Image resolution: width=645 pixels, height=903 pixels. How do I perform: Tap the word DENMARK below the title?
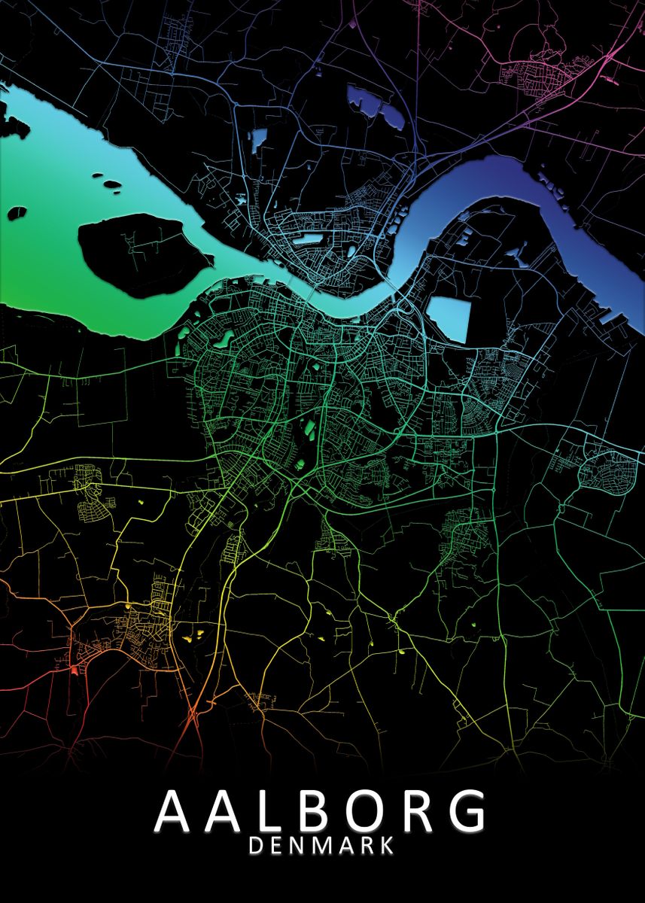click(x=321, y=846)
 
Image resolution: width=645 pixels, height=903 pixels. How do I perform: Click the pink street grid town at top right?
click(x=538, y=74)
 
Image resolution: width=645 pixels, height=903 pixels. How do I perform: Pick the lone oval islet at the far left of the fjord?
click(x=17, y=213)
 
